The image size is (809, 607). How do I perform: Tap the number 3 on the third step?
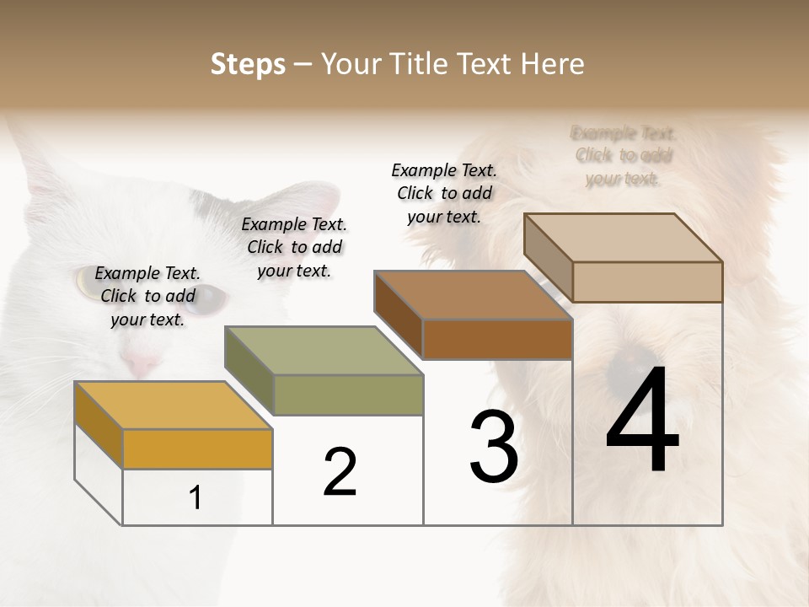point(494,448)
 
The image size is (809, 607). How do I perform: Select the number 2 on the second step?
point(340,472)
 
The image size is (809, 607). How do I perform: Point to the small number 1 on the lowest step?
point(196,498)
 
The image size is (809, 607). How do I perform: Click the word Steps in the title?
point(248,64)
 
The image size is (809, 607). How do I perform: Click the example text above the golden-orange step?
point(147,296)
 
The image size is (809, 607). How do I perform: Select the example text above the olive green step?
point(294,247)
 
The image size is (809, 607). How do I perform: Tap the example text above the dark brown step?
point(444,193)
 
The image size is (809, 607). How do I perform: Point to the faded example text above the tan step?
point(624,156)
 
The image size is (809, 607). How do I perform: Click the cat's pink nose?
point(142,364)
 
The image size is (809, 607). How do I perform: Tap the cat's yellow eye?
point(87,281)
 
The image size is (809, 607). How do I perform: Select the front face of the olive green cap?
point(348,395)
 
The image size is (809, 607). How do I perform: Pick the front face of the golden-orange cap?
point(197,449)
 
